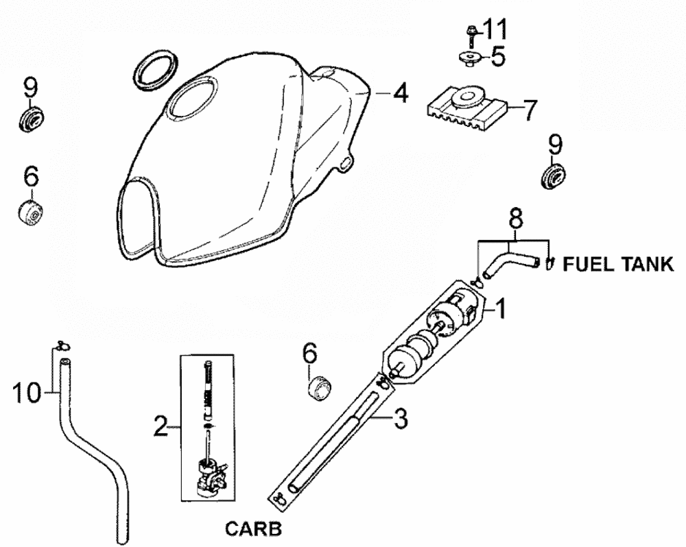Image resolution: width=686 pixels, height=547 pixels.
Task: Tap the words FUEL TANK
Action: (618, 265)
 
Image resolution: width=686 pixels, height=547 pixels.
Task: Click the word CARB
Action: (253, 529)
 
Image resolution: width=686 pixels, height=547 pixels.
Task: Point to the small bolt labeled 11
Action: (472, 34)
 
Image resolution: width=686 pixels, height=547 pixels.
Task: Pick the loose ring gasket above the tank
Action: (156, 69)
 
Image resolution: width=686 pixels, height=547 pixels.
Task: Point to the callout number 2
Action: (161, 428)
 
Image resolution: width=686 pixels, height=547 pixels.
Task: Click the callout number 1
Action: (501, 311)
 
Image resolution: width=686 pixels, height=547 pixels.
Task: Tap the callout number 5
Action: (497, 57)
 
